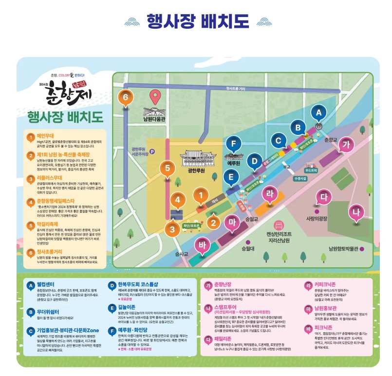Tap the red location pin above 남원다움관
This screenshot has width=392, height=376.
155,96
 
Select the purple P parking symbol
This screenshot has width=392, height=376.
152,151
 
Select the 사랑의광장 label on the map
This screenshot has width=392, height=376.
318,219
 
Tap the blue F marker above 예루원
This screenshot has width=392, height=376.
234,144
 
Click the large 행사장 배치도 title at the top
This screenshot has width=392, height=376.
197,21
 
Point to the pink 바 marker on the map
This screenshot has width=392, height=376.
202,244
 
